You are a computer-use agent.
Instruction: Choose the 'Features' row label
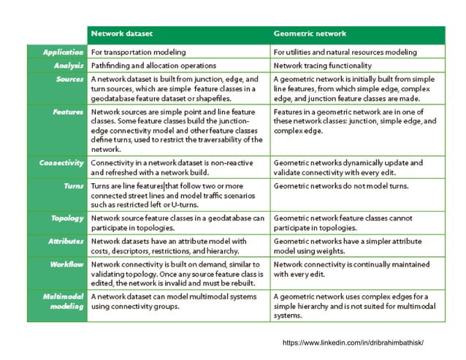69,112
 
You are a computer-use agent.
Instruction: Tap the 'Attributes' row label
66,240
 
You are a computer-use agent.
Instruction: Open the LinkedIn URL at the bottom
353,342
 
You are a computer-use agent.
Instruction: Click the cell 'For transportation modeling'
138,52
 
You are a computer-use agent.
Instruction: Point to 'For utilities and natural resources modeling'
355,52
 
